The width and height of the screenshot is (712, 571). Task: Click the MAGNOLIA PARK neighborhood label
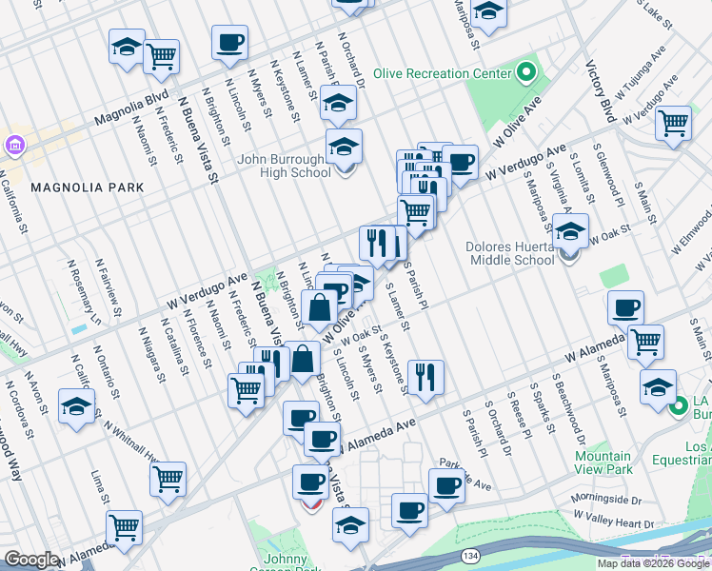[88, 187]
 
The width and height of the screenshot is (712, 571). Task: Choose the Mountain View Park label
[603, 463]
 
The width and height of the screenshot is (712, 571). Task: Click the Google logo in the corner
[31, 560]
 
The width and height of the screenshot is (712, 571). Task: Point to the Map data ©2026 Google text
[653, 564]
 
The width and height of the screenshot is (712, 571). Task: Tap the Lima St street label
[98, 486]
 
